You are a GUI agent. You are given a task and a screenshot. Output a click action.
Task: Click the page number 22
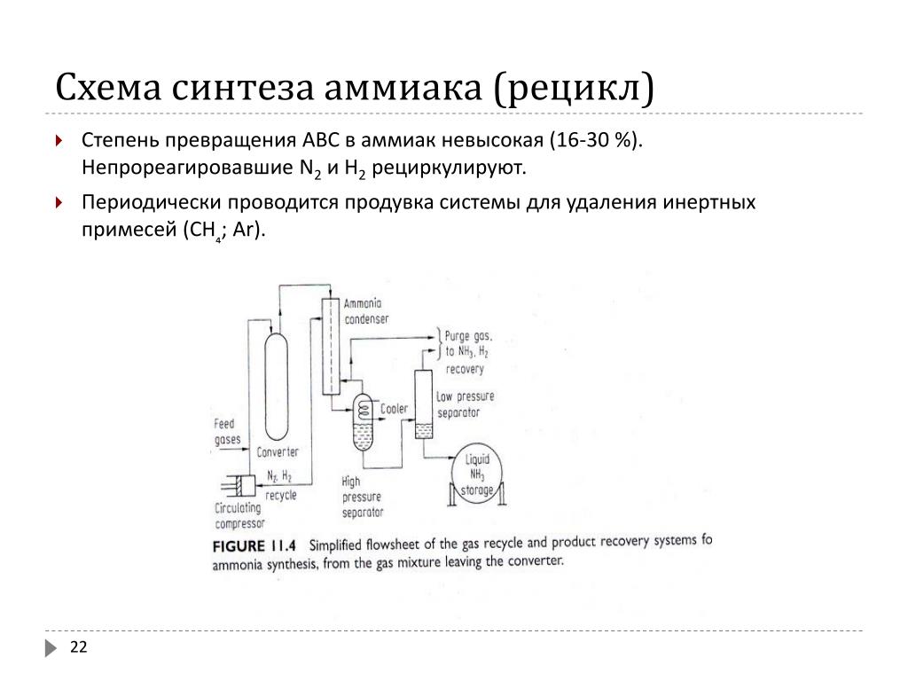[79, 648]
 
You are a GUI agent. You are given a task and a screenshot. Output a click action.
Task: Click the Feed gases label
[227, 432]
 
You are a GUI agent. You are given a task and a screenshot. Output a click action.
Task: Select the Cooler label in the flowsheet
[394, 409]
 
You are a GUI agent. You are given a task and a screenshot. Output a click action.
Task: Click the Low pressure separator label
[465, 404]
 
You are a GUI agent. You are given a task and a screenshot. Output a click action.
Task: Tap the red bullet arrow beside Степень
[59, 141]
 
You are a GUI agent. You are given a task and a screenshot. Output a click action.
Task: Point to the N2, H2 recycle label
[281, 486]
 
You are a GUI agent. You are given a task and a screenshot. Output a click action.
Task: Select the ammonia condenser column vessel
[330, 345]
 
